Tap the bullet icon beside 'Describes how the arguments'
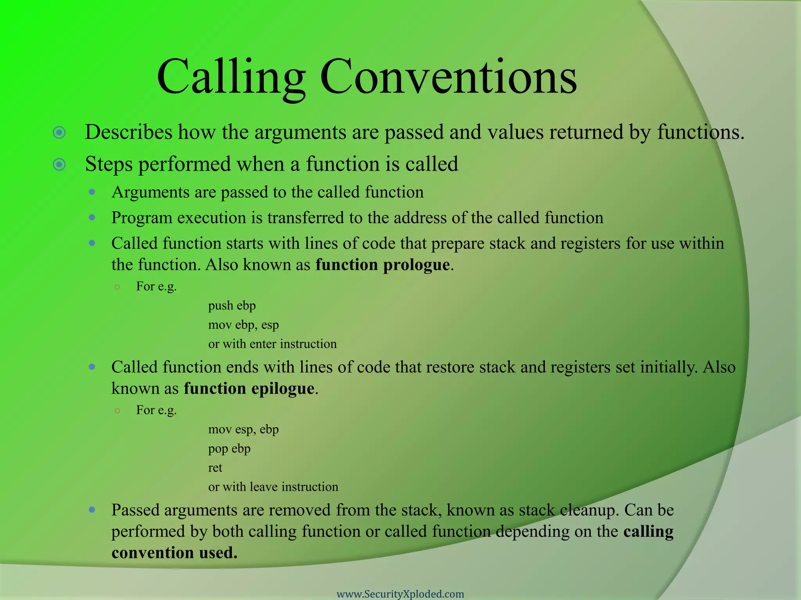59,133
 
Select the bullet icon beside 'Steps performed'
59,164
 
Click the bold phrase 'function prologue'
383,265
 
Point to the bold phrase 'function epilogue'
249,389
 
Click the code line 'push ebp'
232,305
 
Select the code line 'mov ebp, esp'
243,325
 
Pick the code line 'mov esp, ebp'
243,429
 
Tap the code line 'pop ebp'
229,448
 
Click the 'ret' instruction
215,468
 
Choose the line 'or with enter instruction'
272,344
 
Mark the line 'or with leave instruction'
273,487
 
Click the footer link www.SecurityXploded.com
400,594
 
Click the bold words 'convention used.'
174,553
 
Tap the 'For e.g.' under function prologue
156,286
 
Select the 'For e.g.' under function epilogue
156,410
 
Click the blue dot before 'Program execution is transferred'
92,218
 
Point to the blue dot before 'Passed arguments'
92,510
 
